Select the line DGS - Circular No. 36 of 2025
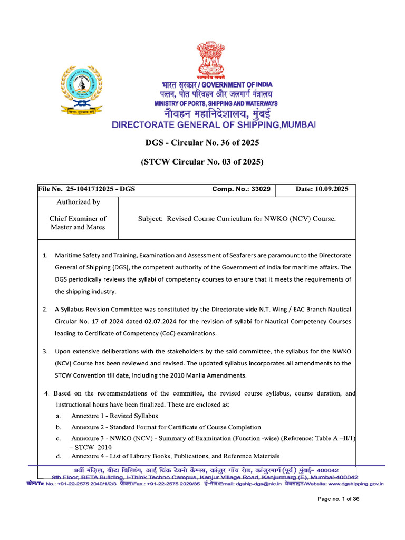(x=202, y=143)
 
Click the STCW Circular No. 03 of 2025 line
(x=202, y=162)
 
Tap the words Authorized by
(x=78, y=202)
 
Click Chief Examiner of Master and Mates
(x=78, y=223)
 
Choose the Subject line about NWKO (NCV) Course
(x=236, y=218)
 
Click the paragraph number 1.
(x=45, y=256)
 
